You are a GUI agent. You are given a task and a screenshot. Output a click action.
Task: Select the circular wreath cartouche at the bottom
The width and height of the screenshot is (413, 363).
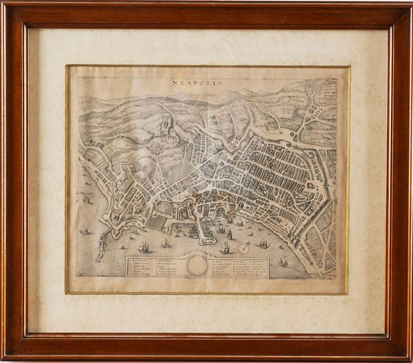tap(198, 265)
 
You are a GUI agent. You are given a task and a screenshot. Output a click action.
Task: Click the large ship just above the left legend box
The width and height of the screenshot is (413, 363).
tap(143, 246)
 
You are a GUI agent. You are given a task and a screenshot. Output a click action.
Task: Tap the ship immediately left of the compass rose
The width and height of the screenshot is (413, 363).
tap(225, 247)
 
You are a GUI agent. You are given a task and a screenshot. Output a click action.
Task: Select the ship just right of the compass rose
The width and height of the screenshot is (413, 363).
tap(263, 244)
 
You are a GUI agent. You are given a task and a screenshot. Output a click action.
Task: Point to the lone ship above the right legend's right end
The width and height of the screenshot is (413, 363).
tap(284, 261)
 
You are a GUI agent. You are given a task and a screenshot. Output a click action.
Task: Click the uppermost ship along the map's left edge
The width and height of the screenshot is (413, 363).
tap(86, 199)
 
